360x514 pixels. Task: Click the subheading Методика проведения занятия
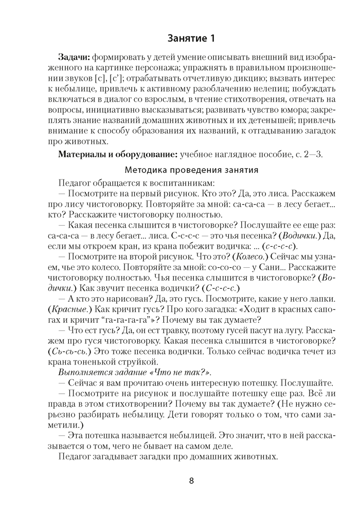pos(192,169)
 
